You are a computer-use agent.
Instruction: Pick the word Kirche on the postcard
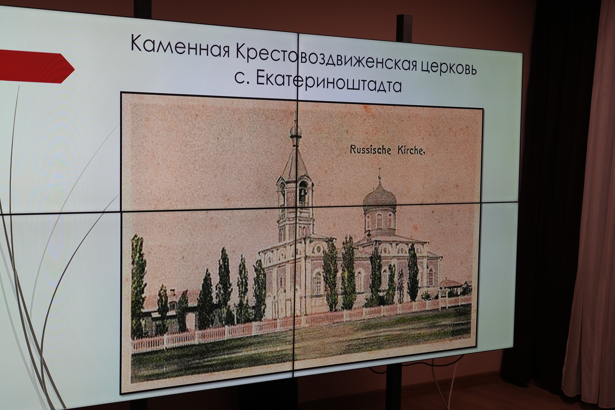(x=410, y=151)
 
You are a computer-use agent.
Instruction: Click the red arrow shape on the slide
(x=37, y=67)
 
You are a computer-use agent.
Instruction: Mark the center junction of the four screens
(x=296, y=208)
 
